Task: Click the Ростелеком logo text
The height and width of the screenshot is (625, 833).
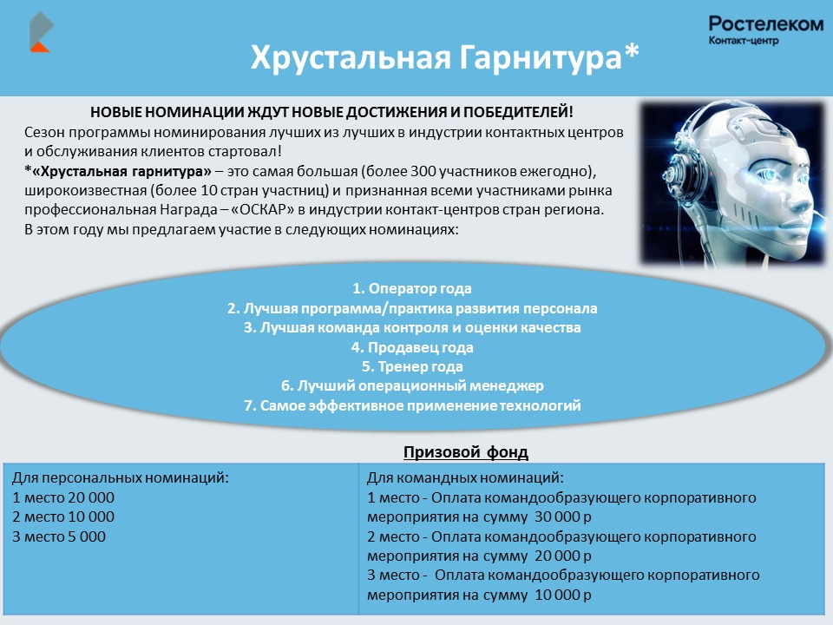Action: click(765, 24)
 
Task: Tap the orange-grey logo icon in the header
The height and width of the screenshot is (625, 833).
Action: click(42, 32)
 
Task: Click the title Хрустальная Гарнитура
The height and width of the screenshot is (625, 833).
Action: click(444, 57)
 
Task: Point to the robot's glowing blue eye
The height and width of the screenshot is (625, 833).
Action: click(772, 174)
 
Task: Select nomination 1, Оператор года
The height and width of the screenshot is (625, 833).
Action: click(411, 288)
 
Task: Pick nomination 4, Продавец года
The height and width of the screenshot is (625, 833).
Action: click(411, 347)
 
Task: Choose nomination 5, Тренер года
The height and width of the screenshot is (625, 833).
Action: click(411, 366)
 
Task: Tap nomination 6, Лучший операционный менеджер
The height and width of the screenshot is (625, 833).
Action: click(412, 385)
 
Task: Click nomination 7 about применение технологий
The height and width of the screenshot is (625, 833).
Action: click(412, 405)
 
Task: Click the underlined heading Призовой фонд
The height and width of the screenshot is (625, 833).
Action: click(465, 452)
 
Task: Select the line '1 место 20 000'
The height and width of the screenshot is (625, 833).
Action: click(63, 497)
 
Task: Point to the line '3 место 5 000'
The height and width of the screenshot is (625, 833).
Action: click(59, 536)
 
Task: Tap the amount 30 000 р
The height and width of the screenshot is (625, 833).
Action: click(562, 516)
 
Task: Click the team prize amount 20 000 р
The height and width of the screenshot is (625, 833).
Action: click(562, 556)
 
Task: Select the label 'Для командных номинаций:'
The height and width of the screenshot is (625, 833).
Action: click(465, 477)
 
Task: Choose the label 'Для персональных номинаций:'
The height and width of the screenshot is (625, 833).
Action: click(121, 477)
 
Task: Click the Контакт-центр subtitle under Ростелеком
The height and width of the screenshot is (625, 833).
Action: click(744, 41)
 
